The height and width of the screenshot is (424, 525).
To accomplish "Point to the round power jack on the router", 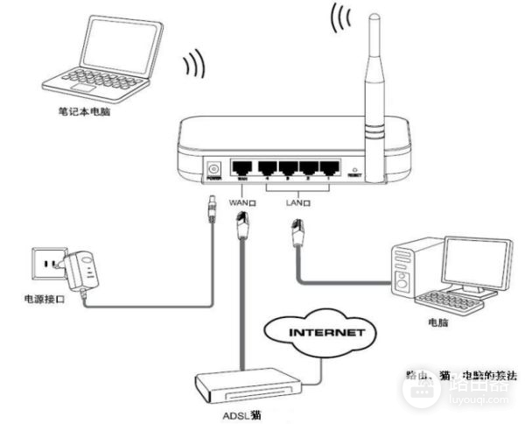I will [213, 167].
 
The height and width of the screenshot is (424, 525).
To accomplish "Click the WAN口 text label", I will [242, 201].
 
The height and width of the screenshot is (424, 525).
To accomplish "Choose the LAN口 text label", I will [298, 201].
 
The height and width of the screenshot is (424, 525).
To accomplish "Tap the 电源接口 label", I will [43, 300].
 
